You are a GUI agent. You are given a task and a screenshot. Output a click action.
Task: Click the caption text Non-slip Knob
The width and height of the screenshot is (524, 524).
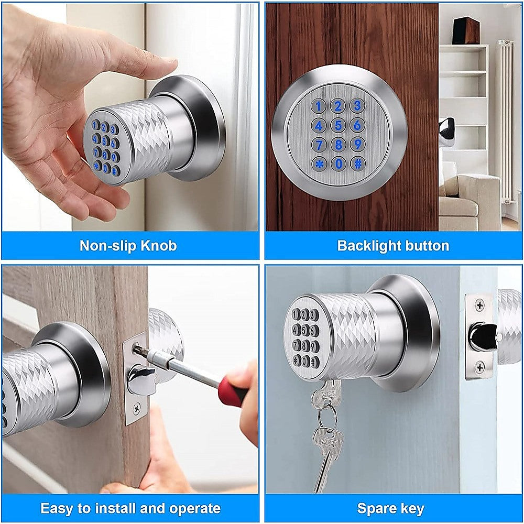coord(128,246)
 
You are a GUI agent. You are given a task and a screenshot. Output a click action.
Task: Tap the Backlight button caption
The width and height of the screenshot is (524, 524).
coord(393,246)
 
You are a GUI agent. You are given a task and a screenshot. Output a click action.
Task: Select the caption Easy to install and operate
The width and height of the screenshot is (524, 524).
coord(130,508)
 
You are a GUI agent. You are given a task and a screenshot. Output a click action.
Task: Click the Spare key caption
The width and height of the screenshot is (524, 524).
coord(390,508)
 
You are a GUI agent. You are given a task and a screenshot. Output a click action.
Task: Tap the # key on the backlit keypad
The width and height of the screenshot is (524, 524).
coord(358,163)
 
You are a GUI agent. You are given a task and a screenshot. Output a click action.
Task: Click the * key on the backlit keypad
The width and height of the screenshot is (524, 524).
coord(319,163)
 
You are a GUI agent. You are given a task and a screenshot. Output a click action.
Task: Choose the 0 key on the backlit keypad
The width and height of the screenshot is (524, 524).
coord(339,163)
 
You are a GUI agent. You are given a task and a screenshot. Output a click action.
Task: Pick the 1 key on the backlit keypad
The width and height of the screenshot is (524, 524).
coord(319,106)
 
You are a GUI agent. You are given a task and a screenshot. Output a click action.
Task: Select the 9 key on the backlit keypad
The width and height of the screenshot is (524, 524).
coord(358,144)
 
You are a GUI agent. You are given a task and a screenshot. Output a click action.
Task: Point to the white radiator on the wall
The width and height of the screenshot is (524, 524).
coord(505,121)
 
